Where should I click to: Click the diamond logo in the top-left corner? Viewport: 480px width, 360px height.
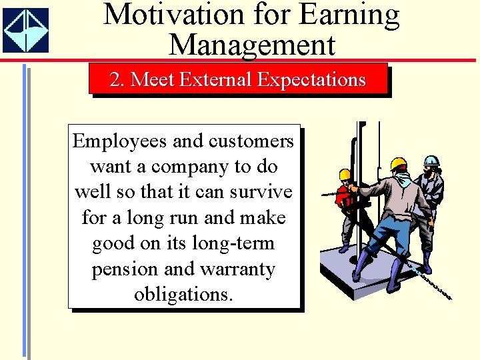pyautogui.click(x=25, y=30)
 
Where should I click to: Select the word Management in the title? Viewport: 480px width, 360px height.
pyautogui.click(x=252, y=45)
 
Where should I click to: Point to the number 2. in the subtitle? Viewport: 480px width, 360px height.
pyautogui.click(x=117, y=80)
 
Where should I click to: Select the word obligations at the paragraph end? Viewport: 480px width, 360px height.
pyautogui.click(x=183, y=294)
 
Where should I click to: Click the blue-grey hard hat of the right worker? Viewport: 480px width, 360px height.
pyautogui.click(x=432, y=161)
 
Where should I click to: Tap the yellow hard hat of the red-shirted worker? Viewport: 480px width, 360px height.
pyautogui.click(x=345, y=175)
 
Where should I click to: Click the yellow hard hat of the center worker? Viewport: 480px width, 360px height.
pyautogui.click(x=399, y=164)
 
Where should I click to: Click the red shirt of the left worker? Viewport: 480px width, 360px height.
pyautogui.click(x=344, y=197)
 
